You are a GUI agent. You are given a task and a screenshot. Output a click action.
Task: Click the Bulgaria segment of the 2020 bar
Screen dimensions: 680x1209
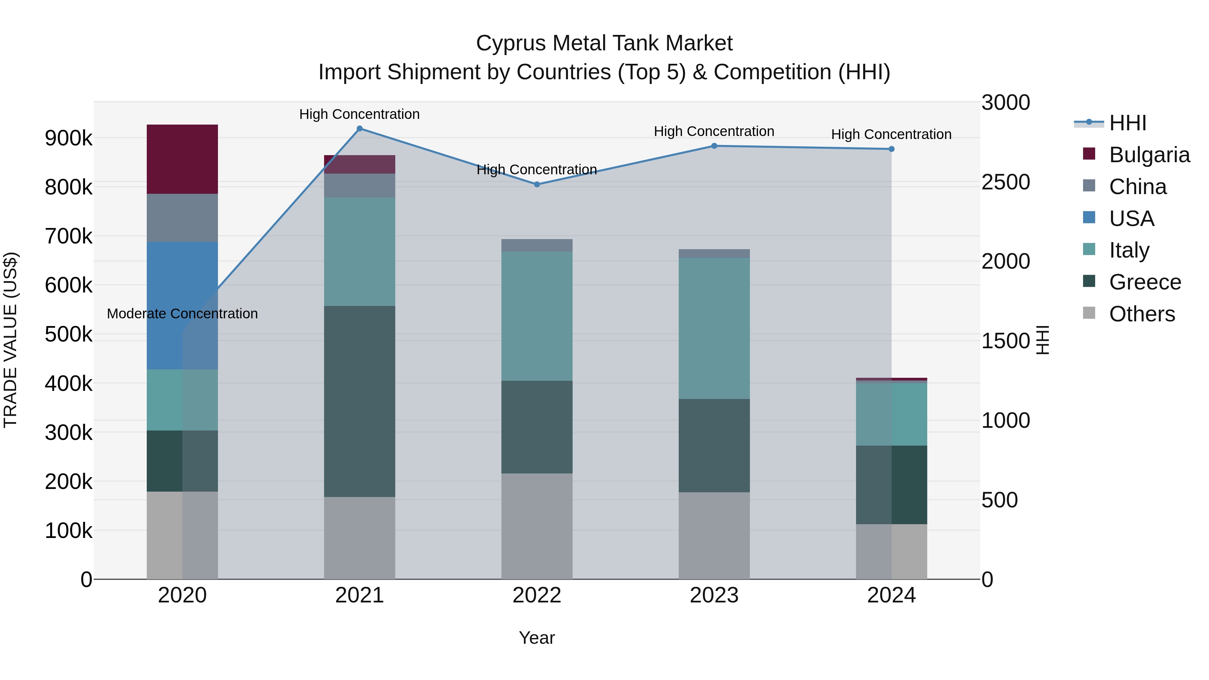point(182,159)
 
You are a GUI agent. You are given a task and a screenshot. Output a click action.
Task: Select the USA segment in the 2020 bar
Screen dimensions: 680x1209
point(182,305)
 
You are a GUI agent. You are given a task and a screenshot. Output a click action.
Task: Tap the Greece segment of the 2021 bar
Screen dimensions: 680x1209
point(359,401)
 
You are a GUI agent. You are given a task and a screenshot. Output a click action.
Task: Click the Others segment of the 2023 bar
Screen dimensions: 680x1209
point(714,536)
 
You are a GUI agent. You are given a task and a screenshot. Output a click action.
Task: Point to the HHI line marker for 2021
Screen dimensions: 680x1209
point(359,129)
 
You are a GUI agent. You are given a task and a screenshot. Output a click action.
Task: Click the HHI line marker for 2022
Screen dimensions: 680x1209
point(537,184)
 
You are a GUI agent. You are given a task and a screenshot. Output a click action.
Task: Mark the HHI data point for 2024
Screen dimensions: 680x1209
point(891,149)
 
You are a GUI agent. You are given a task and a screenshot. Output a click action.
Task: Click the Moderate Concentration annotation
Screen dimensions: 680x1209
point(182,314)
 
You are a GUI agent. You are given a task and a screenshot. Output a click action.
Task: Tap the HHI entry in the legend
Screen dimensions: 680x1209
point(1127,123)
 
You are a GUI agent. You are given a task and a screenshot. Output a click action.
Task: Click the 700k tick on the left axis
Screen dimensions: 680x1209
point(69,236)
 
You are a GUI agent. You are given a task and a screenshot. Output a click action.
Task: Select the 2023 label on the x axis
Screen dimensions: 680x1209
point(714,595)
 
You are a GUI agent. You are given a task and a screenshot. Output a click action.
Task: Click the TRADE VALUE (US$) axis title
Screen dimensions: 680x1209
point(10,340)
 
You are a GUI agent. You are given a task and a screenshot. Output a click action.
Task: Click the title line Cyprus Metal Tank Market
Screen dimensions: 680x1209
point(604,43)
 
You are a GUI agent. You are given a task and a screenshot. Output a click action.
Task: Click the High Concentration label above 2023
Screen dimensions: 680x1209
point(714,131)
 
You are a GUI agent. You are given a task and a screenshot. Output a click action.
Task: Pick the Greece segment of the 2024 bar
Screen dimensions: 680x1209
point(891,485)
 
